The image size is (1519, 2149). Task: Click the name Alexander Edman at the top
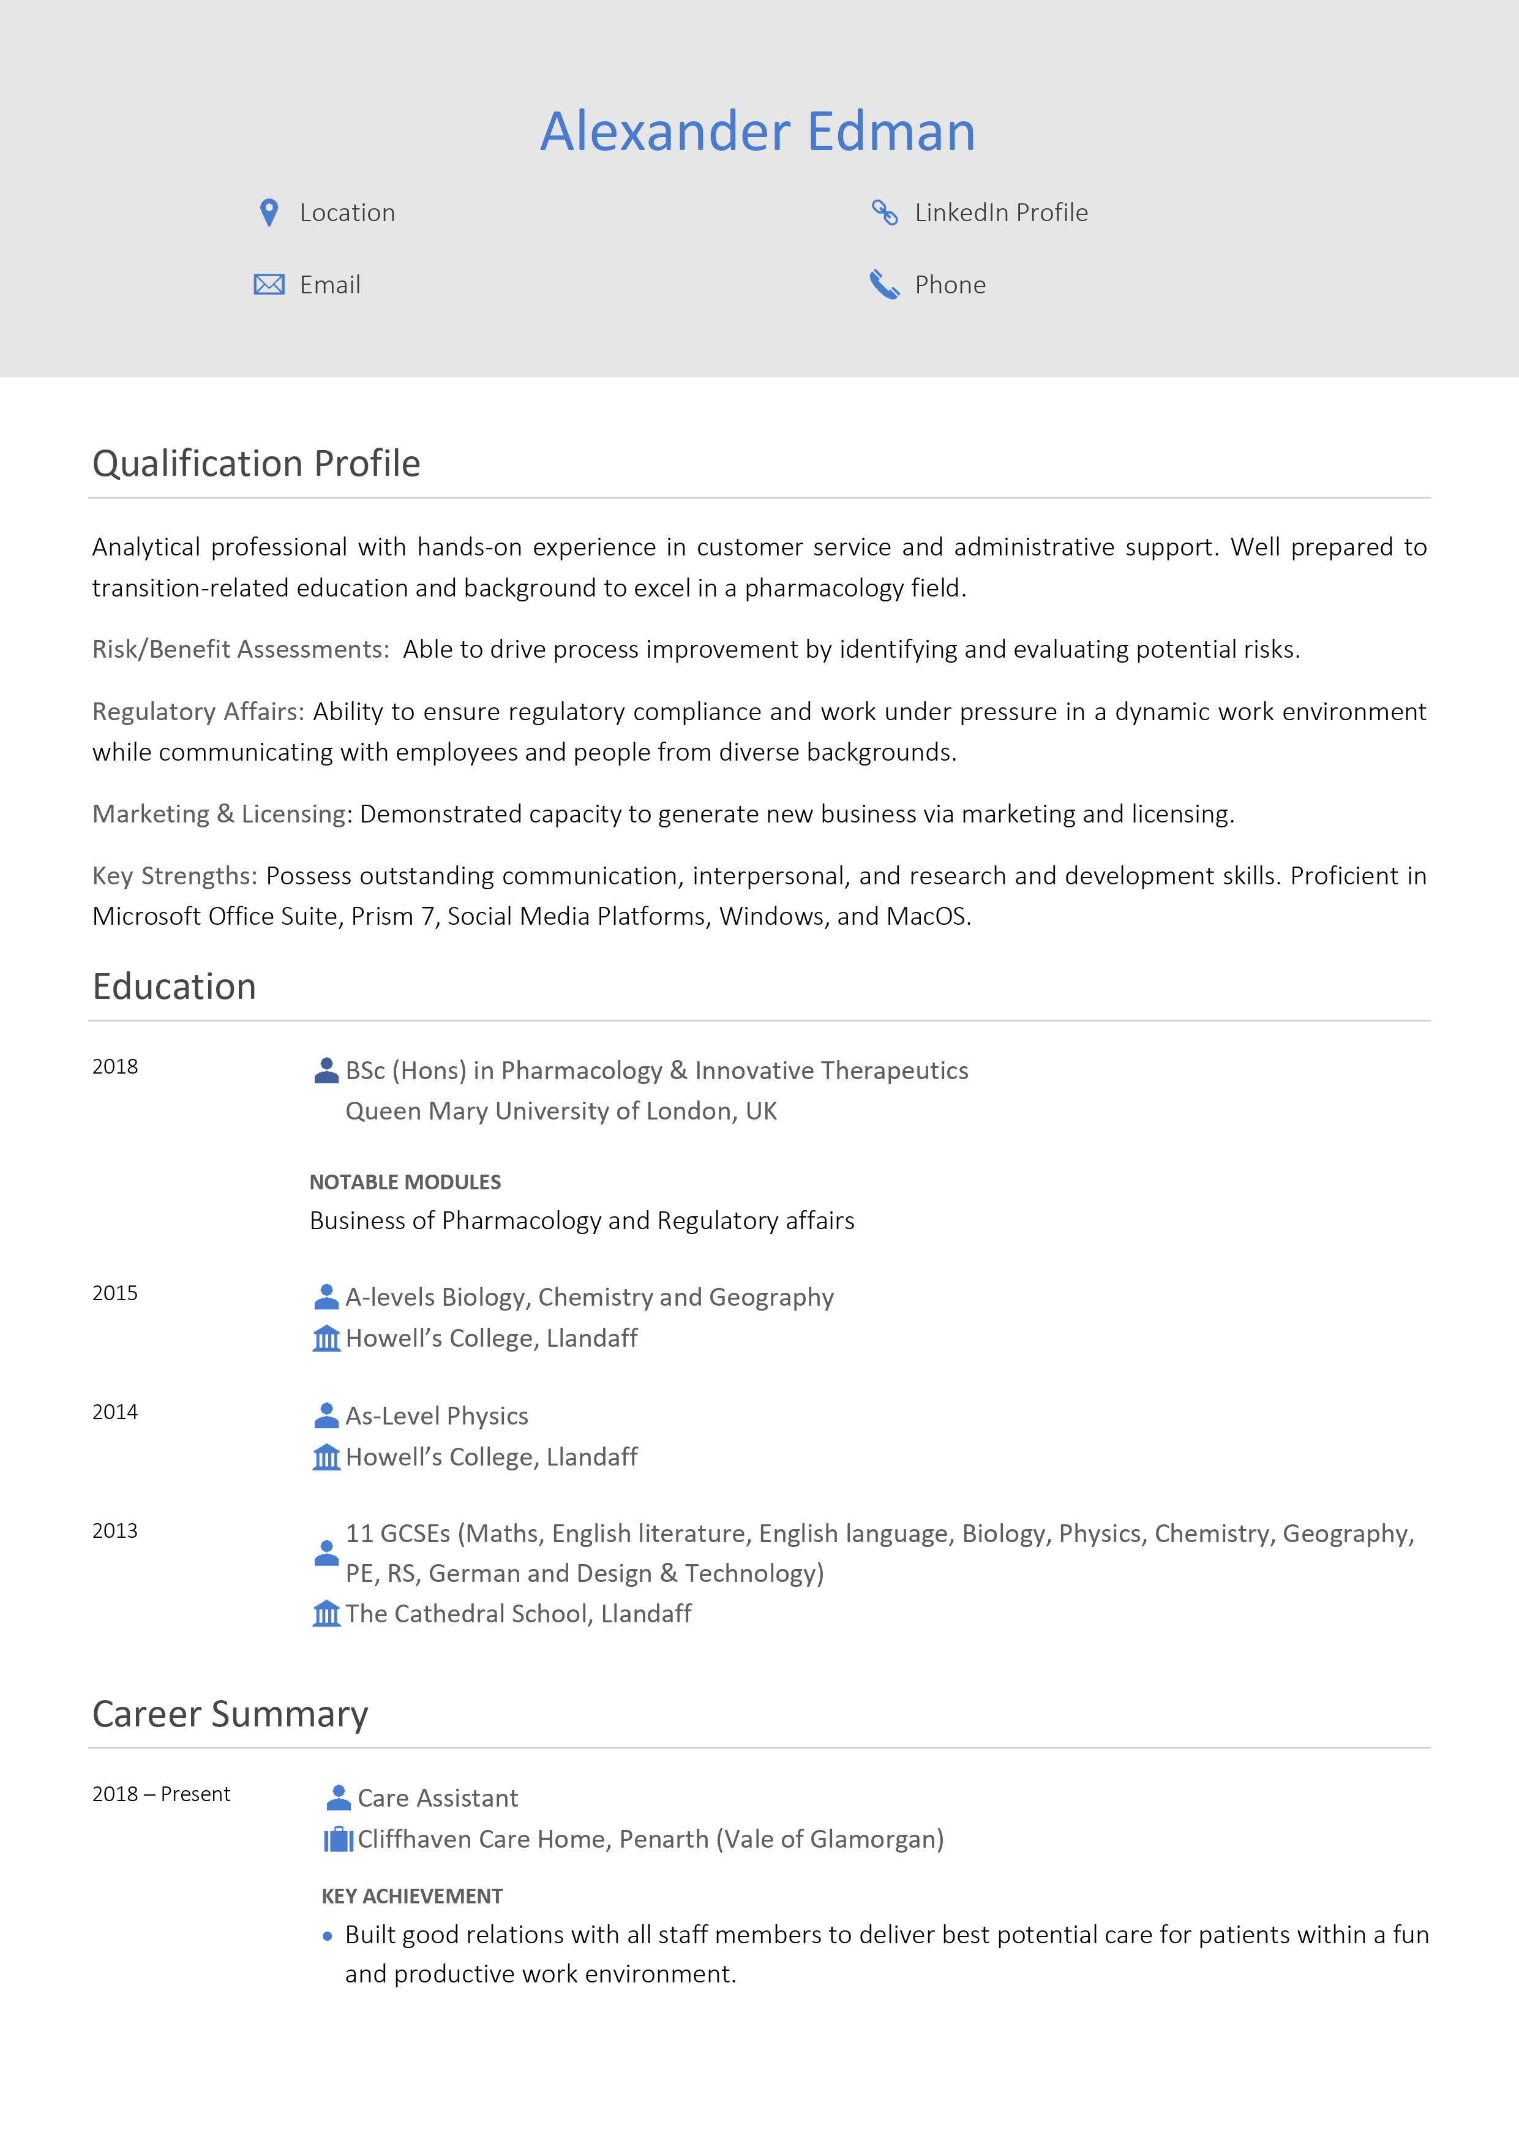[757, 131]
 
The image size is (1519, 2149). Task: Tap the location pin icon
[269, 213]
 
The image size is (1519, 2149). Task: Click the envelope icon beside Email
[269, 285]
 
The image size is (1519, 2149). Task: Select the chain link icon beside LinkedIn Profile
[885, 213]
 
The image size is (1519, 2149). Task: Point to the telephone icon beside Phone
[885, 285]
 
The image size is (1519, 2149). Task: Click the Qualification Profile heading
[257, 464]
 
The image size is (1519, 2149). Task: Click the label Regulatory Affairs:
[198, 712]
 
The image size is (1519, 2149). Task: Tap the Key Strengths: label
[174, 876]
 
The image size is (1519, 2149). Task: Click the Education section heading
[174, 987]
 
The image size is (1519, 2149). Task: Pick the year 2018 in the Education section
[115, 1067]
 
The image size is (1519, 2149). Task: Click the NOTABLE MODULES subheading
[405, 1182]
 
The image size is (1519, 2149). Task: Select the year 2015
[115, 1293]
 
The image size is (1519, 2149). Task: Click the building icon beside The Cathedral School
[326, 1614]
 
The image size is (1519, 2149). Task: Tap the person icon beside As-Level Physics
[326, 1415]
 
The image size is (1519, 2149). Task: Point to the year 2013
[115, 1531]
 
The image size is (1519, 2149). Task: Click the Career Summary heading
[230, 1714]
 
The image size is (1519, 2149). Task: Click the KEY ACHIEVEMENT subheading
[412, 1896]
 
